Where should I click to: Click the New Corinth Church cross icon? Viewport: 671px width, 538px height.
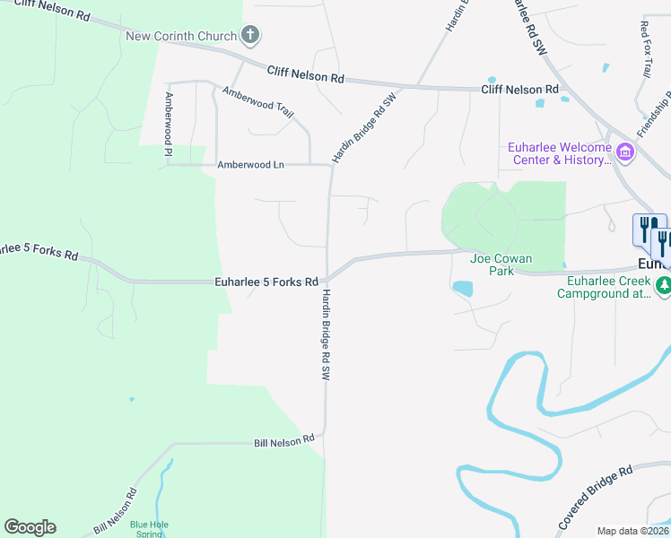(250, 36)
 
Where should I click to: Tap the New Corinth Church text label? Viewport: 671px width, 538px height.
(181, 36)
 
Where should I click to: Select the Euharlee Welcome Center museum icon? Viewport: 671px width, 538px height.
(625, 153)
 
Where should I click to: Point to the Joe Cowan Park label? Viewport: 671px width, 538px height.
(501, 265)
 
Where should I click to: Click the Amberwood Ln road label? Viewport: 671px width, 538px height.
(250, 165)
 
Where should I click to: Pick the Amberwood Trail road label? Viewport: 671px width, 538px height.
(258, 101)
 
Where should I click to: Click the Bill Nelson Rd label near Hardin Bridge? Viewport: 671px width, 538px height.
(283, 440)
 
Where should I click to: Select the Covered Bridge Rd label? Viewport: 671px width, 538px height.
(595, 496)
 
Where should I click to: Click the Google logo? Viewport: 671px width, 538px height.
(30, 527)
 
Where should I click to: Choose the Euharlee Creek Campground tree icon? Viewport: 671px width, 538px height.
(664, 286)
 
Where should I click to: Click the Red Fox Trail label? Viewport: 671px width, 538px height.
(644, 45)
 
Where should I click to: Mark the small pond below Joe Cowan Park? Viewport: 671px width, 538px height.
(463, 289)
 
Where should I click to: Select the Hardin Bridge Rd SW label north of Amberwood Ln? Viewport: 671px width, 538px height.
(363, 127)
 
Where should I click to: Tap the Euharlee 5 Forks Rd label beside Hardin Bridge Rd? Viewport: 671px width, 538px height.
(266, 282)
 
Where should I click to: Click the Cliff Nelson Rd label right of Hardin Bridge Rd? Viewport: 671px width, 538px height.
(519, 90)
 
